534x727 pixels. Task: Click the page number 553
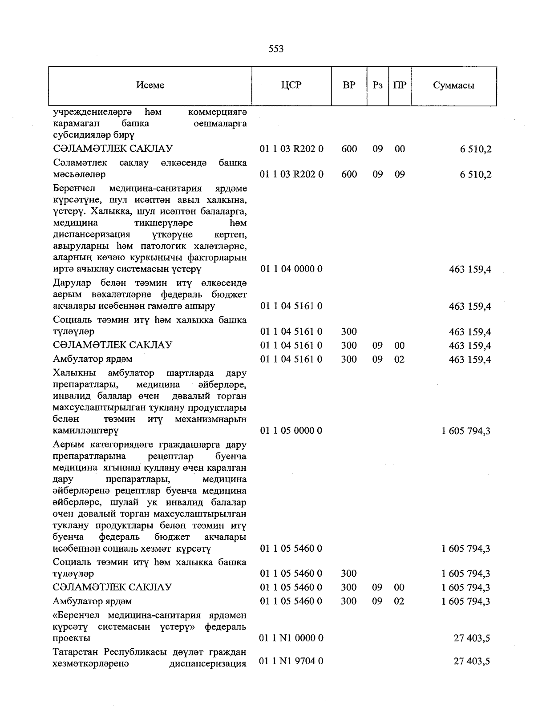click(276, 49)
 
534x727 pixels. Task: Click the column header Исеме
click(150, 85)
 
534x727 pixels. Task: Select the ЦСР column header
click(291, 85)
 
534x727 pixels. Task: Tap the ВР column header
click(349, 85)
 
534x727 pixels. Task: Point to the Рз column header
click(377, 85)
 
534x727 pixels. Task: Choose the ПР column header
click(400, 85)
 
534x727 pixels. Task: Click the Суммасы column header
click(453, 85)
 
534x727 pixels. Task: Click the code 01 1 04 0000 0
click(291, 269)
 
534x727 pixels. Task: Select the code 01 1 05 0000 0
click(291, 431)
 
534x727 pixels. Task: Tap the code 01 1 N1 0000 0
click(291, 638)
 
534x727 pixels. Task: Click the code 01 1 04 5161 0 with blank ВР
click(291, 306)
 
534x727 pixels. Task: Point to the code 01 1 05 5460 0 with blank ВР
click(291, 549)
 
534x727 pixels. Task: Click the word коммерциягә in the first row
click(218, 112)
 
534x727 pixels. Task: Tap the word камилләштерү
click(85, 431)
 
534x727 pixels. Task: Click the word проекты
click(72, 638)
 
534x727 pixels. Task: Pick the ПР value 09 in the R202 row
click(400, 174)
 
